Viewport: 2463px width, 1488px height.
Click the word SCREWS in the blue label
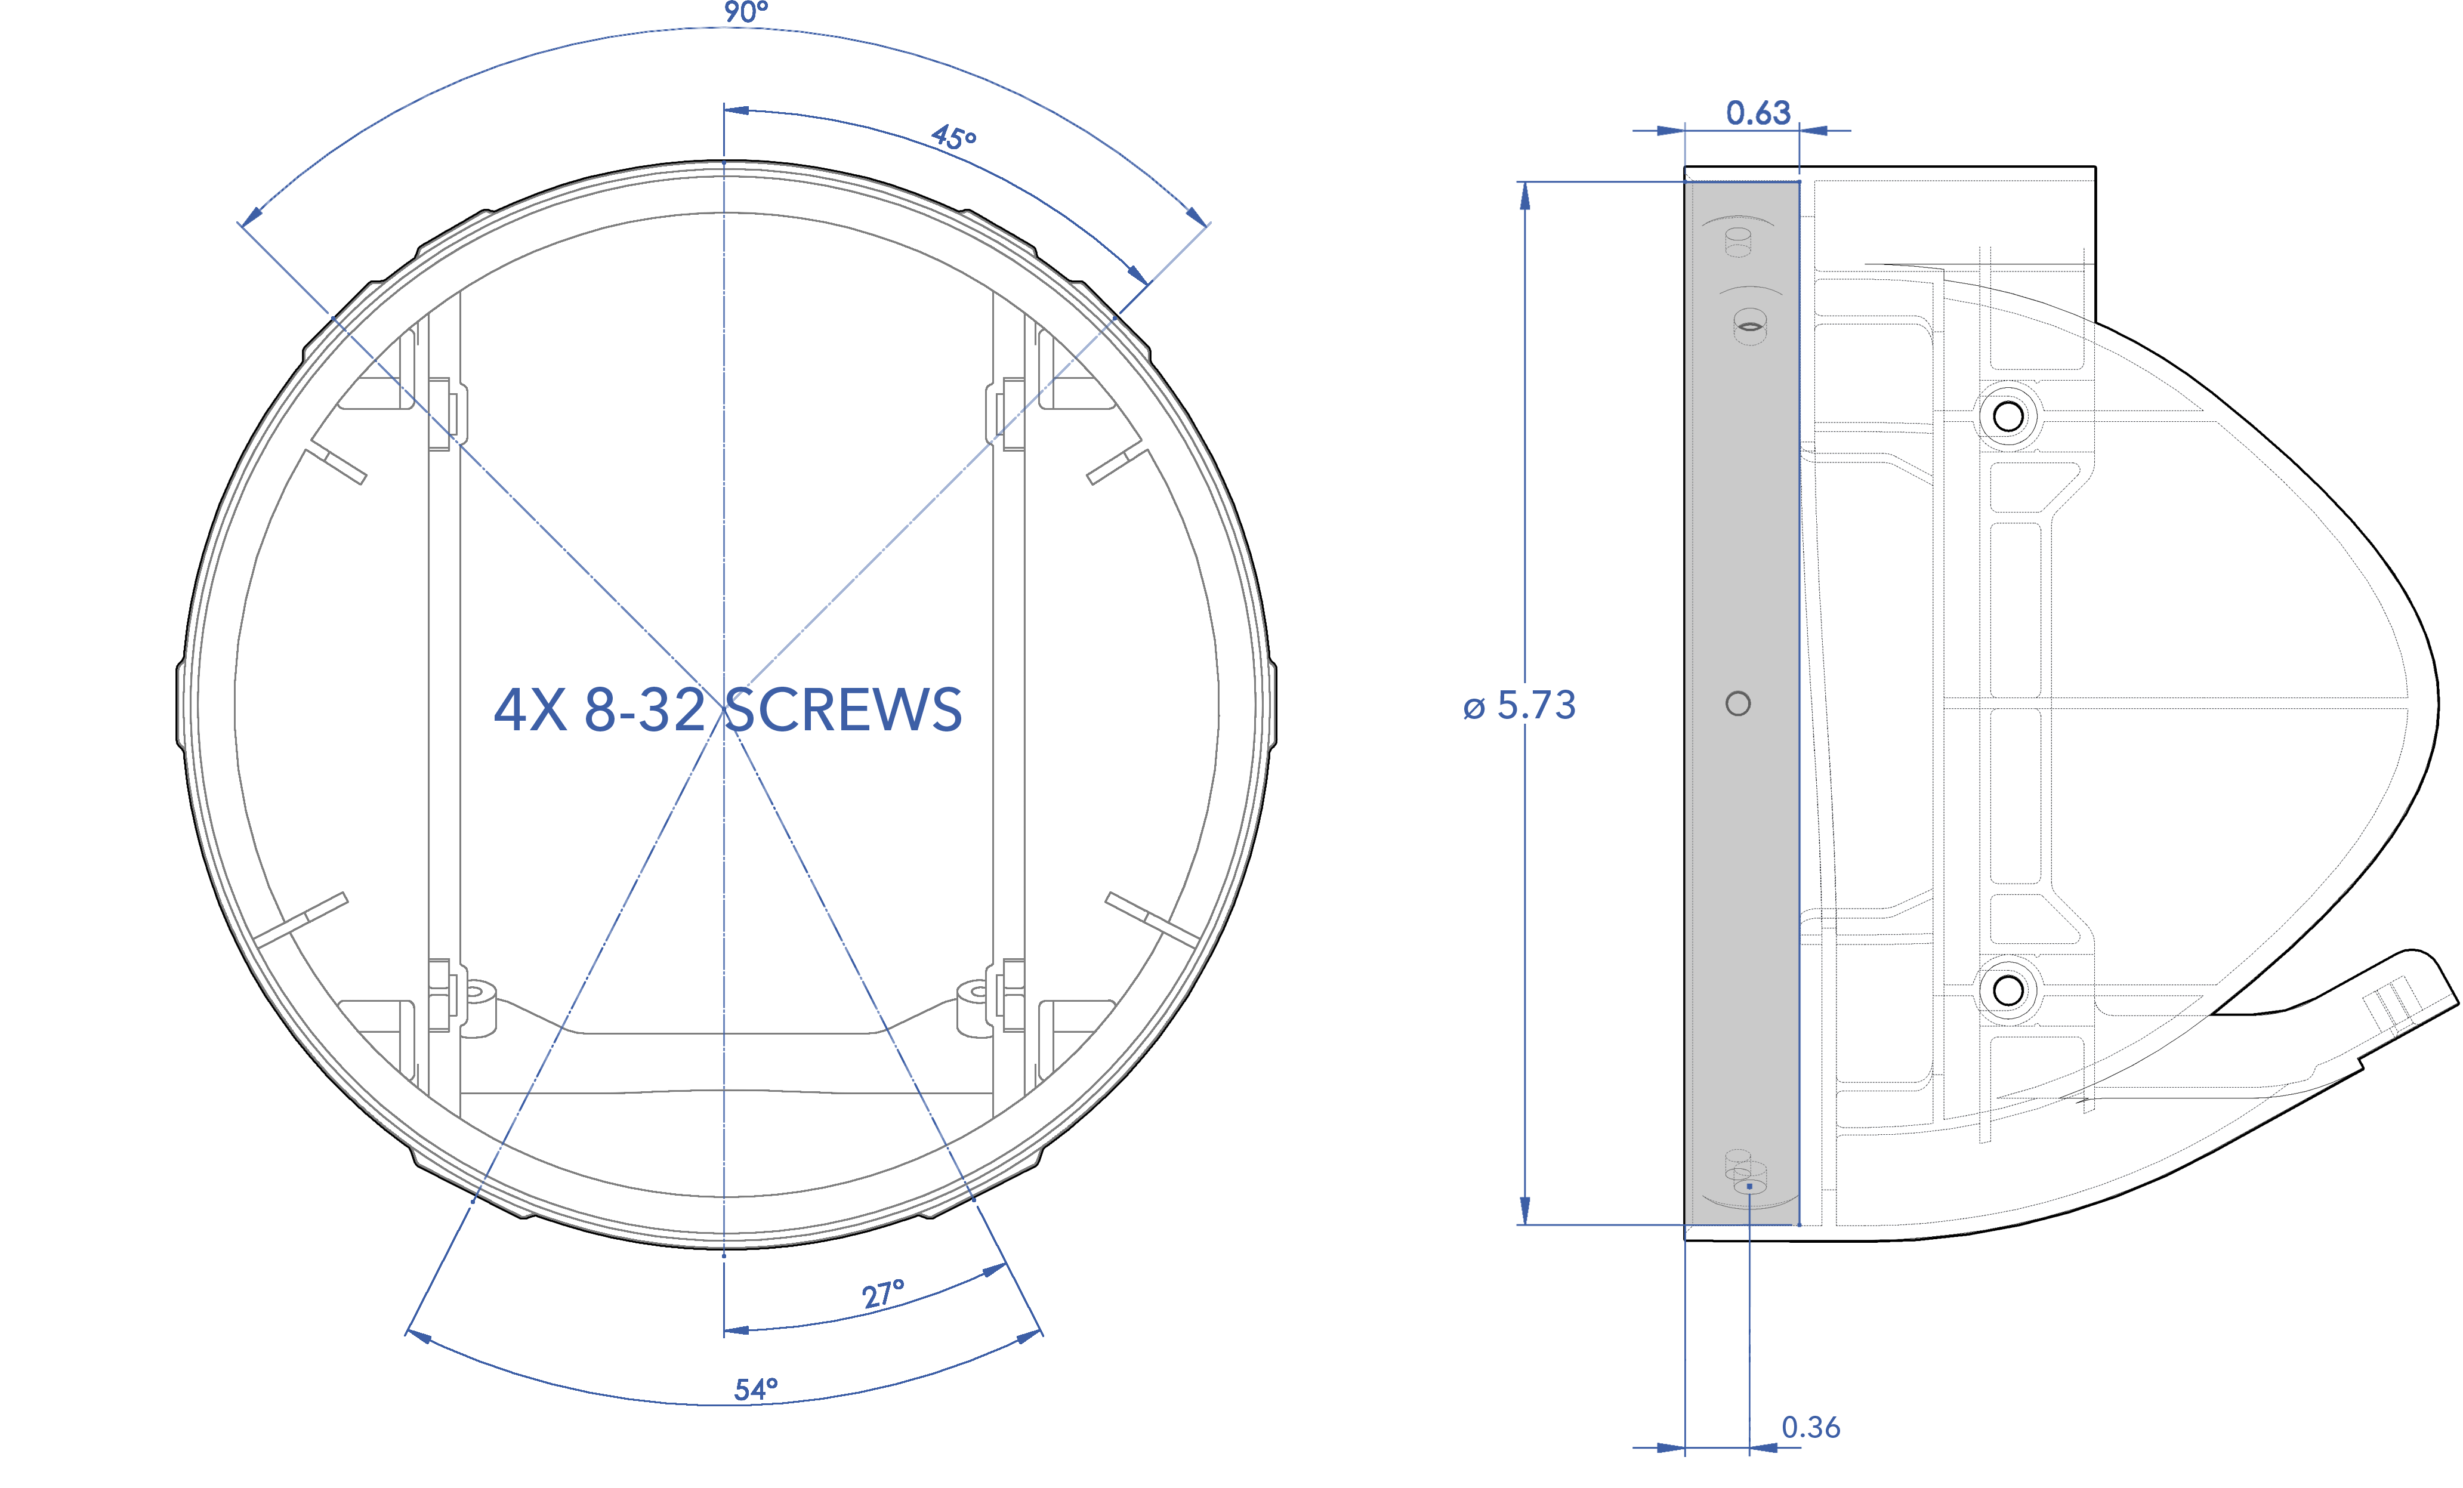pyautogui.click(x=842, y=711)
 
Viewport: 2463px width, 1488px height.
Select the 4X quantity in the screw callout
pyautogui.click(x=530, y=711)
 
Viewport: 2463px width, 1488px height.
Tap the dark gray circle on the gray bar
pyautogui.click(x=1738, y=703)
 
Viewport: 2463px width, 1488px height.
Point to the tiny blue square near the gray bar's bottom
pyautogui.click(x=1749, y=1186)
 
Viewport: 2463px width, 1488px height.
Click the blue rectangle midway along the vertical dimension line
pyautogui.click(x=1518, y=705)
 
